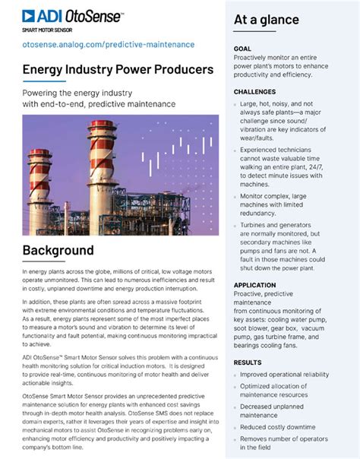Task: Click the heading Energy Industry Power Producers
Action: tap(118, 70)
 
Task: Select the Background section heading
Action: tap(58, 250)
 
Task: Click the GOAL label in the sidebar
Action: tap(244, 48)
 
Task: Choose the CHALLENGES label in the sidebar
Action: tap(255, 91)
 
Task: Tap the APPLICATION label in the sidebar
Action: tap(256, 284)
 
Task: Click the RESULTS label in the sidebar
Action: tap(248, 362)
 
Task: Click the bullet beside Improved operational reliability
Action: tap(235, 375)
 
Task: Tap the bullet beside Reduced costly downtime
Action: tap(235, 427)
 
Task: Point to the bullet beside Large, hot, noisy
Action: tap(235, 103)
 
